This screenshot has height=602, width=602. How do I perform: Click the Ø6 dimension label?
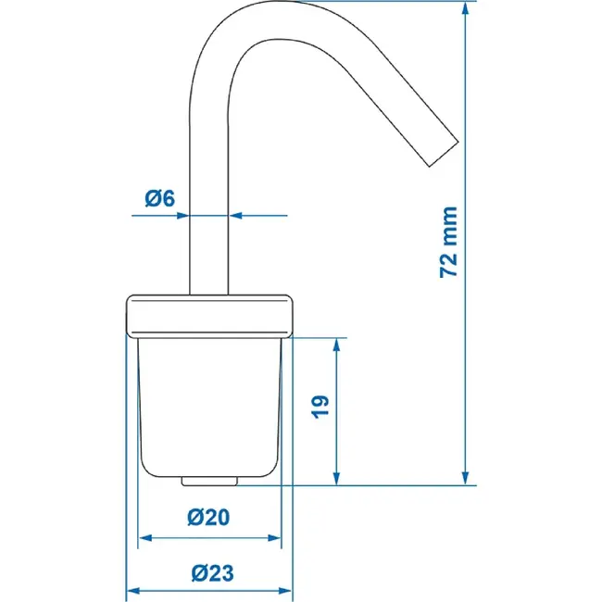(159, 199)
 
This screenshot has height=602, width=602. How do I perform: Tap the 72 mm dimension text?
(448, 242)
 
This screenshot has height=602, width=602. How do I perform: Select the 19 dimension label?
(320, 407)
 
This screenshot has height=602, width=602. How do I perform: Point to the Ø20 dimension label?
(208, 517)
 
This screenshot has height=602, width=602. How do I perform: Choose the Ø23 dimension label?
(212, 573)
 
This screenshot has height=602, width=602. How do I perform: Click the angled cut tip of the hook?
(444, 154)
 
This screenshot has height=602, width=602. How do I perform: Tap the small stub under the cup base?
(209, 481)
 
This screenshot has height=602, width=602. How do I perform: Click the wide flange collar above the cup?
(209, 317)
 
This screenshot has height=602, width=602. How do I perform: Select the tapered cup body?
(209, 408)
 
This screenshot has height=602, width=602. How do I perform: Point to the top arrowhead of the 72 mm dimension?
(465, 7)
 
